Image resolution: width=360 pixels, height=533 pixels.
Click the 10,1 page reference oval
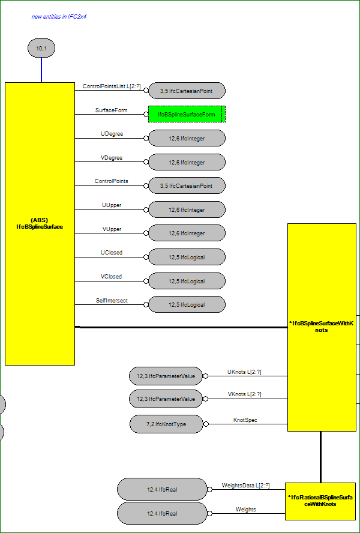pos(41,48)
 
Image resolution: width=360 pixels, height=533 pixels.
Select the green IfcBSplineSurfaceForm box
pos(187,114)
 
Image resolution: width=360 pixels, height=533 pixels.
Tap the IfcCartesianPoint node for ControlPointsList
pos(187,91)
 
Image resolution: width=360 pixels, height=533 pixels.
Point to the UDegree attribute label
pos(112,134)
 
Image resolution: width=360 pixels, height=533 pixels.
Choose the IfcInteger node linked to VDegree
pos(187,163)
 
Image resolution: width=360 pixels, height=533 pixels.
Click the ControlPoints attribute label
pos(112,181)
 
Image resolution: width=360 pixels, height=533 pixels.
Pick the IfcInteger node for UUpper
pos(187,209)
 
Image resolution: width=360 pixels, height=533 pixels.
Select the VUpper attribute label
pos(112,229)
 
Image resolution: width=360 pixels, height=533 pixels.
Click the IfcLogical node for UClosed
pos(187,257)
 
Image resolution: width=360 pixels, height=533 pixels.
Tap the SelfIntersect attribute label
pos(112,301)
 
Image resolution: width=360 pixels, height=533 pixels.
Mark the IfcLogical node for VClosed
pos(187,281)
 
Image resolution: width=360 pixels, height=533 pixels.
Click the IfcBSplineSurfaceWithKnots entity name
pos(321,327)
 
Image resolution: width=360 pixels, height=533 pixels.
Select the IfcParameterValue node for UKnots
pos(166,376)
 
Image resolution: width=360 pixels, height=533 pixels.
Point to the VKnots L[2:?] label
pos(244,394)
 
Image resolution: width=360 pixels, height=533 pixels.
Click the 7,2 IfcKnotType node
pos(166,424)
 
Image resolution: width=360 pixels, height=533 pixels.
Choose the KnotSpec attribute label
pos(245,420)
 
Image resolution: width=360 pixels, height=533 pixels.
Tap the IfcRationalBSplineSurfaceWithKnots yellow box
pos(320,501)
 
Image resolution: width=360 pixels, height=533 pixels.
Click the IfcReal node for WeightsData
pos(162,490)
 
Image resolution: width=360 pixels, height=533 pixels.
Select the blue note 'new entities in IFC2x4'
pos(59,16)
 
